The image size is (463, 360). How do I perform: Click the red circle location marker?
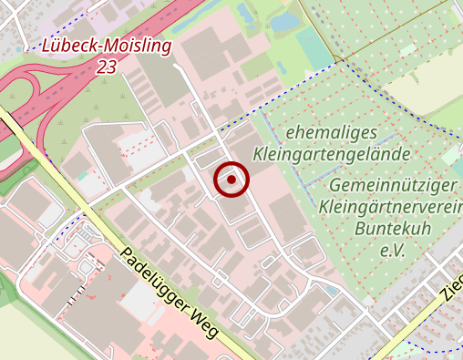click(x=231, y=180)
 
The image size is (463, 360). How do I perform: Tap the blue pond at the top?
click(x=288, y=20)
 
